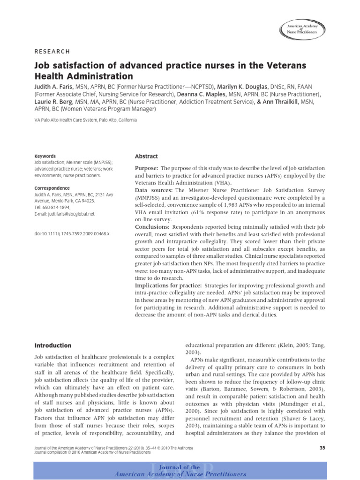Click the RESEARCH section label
pyautogui.click(x=52, y=52)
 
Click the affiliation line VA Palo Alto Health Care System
pyautogui.click(x=86, y=120)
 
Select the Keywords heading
pyautogui.click(x=45, y=156)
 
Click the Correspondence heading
pyautogui.click(x=52, y=188)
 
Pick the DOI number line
pyautogui.click(x=72, y=233)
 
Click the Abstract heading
pyautogui.click(x=146, y=157)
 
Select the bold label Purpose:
pyautogui.click(x=147, y=168)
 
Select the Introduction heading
pyautogui.click(x=53, y=345)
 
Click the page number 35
pyautogui.click(x=322, y=448)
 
